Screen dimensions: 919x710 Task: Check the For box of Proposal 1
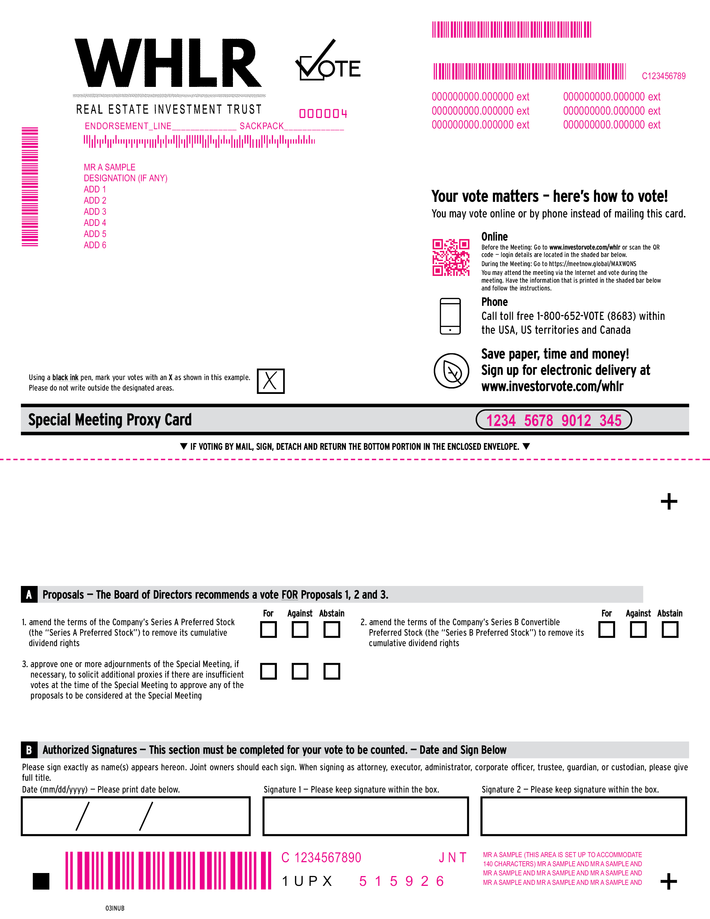tap(268, 630)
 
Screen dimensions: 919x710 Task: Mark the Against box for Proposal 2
tap(638, 630)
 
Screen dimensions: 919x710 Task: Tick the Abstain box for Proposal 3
tap(332, 671)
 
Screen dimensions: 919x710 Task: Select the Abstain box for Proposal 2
tap(669, 630)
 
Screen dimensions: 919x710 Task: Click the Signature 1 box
tap(365, 816)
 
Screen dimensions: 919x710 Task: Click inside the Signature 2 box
tap(583, 816)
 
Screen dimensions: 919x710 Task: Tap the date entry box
tap(136, 816)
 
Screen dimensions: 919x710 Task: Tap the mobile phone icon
tap(450, 316)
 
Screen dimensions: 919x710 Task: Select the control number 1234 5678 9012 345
tap(553, 420)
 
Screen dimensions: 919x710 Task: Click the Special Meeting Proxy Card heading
tap(110, 420)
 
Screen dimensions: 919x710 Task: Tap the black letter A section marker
tap(29, 594)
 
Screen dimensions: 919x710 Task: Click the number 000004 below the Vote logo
tap(323, 114)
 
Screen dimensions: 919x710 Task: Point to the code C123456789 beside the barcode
tap(663, 76)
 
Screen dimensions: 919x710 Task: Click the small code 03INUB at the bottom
tap(115, 908)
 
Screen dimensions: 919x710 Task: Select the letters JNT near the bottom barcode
tap(452, 857)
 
